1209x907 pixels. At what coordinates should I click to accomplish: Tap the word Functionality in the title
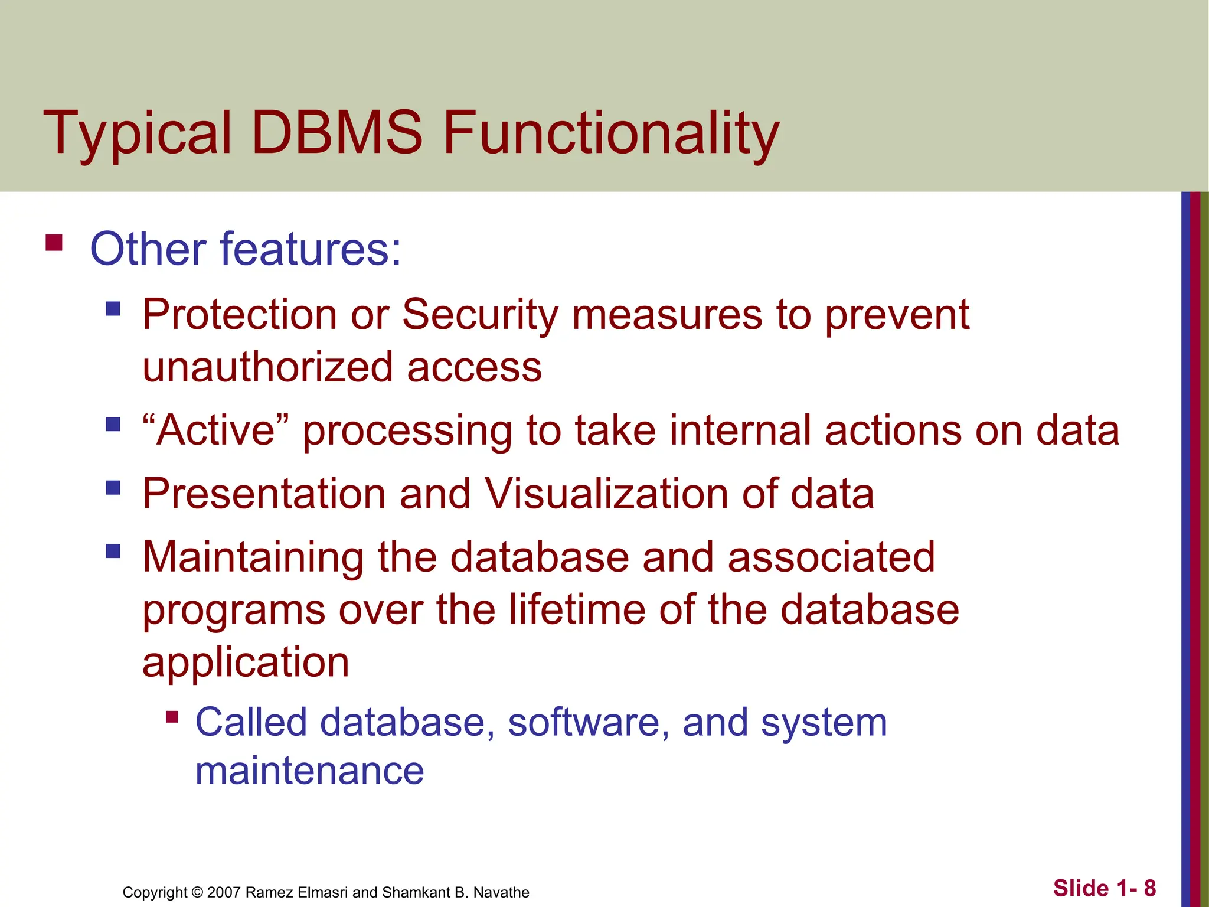coord(611,133)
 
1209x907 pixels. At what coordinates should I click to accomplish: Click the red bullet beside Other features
coord(54,243)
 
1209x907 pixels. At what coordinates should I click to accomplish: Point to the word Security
coord(479,314)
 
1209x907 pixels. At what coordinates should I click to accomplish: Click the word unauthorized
coord(267,367)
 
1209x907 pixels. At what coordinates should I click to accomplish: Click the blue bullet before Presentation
coord(113,488)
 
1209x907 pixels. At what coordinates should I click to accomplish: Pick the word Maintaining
coord(253,557)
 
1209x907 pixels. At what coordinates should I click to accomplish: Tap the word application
coord(246,662)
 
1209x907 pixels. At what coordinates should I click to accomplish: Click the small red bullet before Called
coord(172,717)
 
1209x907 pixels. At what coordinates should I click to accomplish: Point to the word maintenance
coord(309,771)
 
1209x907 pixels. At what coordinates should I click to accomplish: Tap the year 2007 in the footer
coord(224,892)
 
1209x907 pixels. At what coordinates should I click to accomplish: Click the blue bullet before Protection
coord(113,309)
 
